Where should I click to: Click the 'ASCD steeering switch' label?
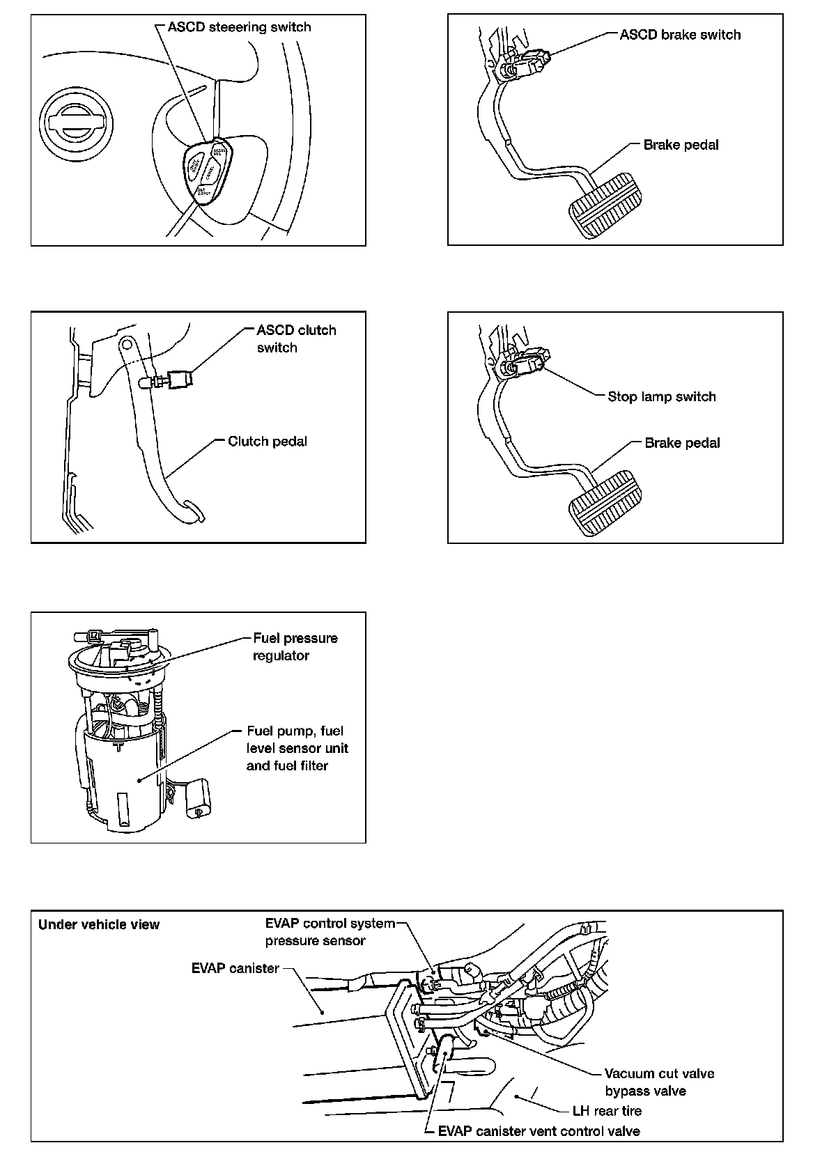pos(239,27)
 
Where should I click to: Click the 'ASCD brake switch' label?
pos(680,35)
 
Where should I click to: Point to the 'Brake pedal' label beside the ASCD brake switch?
pos(681,145)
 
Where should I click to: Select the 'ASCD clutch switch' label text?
pos(296,339)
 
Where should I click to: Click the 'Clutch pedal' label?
pos(268,441)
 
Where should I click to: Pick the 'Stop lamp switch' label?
pos(661,396)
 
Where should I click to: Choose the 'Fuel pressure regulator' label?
pos(295,646)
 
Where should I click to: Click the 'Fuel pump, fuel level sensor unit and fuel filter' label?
pos(297,748)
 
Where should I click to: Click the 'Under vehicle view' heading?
pos(99,924)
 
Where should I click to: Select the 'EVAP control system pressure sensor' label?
pos(330,932)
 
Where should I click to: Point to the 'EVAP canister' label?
pos(235,968)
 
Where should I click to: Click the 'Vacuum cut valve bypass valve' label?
pos(658,1082)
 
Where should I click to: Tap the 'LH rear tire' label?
pos(607,1111)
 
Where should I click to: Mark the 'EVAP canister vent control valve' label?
pos(539,1131)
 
